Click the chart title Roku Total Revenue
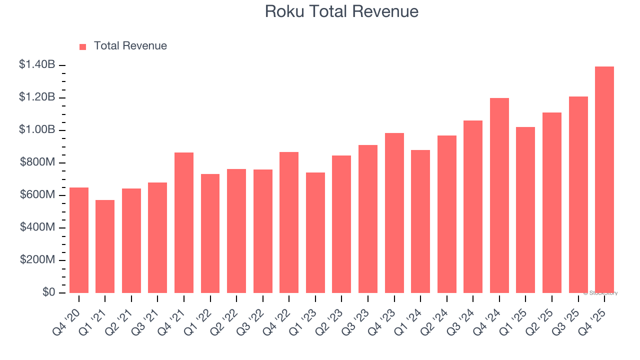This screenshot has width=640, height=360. [x=341, y=11]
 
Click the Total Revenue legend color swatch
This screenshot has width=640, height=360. [x=83, y=46]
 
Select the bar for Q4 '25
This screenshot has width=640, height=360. [x=604, y=179]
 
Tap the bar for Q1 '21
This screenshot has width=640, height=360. [x=105, y=246]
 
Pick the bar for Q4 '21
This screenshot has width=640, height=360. [x=184, y=222]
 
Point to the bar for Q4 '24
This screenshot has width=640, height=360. [x=499, y=195]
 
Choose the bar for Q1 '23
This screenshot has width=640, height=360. [x=315, y=232]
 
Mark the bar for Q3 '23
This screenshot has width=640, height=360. [x=368, y=219]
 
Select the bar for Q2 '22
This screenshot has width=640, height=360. [x=236, y=231]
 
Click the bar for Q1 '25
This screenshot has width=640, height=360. [x=525, y=210]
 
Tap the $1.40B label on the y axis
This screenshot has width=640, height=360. [x=37, y=64]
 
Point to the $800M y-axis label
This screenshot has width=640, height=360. [x=37, y=162]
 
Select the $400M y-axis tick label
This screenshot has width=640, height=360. [x=37, y=227]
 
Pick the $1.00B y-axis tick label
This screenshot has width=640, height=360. [x=37, y=129]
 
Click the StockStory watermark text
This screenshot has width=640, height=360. [x=600, y=293]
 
